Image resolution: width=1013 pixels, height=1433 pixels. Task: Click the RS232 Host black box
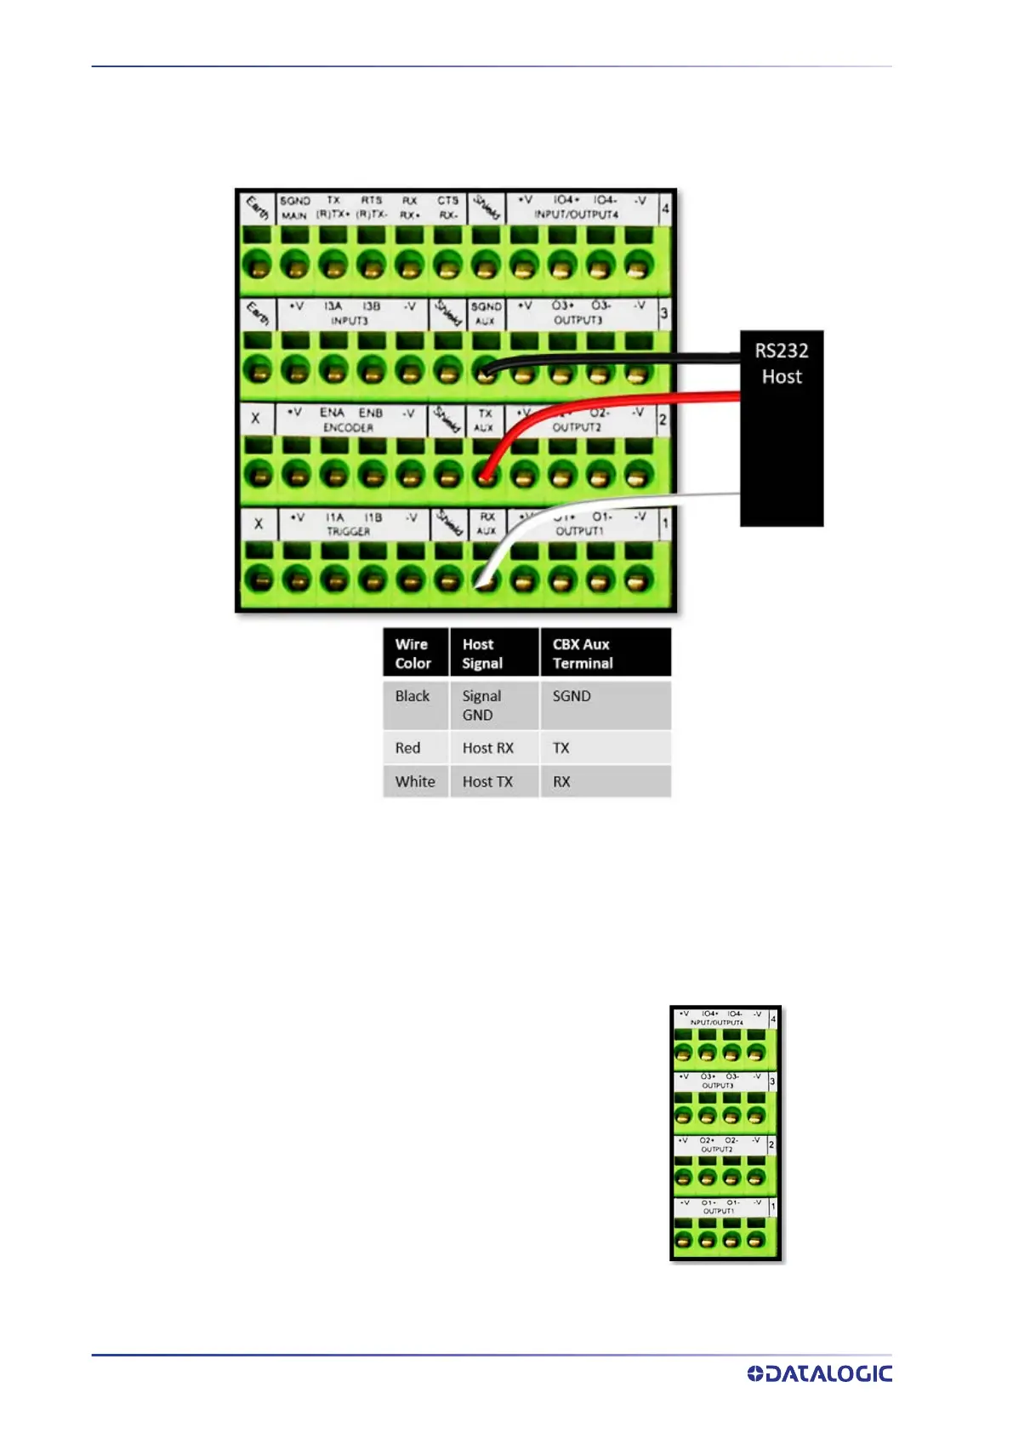pos(781,427)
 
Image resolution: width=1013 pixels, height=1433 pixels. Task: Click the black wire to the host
pos(612,360)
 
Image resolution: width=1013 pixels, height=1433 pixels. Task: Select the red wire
pos(612,398)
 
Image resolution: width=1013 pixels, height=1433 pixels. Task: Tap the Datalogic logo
pos(819,1373)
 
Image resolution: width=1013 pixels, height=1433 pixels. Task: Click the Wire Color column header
pos(414,654)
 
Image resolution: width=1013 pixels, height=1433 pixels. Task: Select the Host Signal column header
pos(493,654)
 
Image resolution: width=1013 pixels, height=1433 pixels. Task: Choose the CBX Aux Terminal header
pos(604,654)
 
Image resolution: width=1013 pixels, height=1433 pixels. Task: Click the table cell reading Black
pos(413,696)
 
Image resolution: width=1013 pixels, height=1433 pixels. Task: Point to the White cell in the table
pos(415,781)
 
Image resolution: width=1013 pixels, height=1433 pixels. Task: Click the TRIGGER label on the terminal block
pos(349,531)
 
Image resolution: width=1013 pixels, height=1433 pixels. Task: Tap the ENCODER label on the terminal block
pos(348,427)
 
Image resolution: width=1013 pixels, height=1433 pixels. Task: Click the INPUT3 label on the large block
pos(349,321)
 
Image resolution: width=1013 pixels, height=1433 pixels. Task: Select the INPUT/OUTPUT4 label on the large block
pos(577,215)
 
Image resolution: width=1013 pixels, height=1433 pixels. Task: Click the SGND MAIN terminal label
pos(295,208)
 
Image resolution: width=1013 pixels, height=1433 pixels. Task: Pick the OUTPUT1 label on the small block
pos(719,1211)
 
